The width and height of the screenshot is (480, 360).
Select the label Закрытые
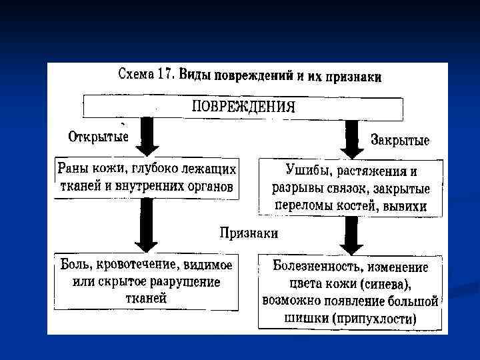coord(400,141)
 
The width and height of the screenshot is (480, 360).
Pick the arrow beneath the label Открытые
coord(149,139)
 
